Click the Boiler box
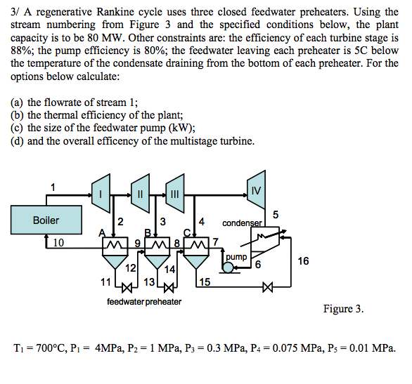click(x=46, y=220)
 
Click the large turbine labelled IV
click(x=256, y=191)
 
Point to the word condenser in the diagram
click(x=242, y=224)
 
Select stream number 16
click(x=303, y=261)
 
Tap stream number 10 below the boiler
click(x=58, y=242)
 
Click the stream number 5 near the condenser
click(x=276, y=213)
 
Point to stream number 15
click(x=204, y=282)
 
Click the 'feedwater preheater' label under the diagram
click(x=144, y=302)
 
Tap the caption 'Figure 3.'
click(x=343, y=309)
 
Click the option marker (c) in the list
click(x=18, y=128)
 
